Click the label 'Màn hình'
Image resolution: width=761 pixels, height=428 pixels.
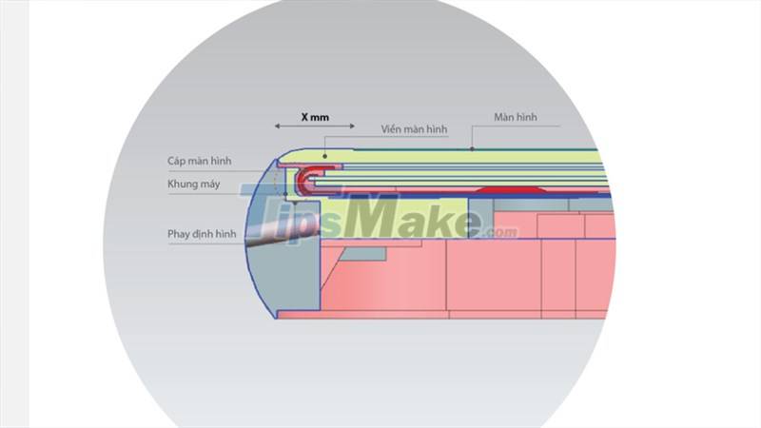pos(516,117)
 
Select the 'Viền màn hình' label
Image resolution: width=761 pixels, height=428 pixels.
pos(414,128)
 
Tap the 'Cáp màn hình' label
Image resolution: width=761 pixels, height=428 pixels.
pos(198,161)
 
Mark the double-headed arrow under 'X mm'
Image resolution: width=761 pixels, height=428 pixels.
pos(315,127)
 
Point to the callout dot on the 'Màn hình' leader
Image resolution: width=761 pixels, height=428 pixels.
pos(472,149)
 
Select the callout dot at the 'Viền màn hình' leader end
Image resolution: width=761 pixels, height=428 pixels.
pos(326,154)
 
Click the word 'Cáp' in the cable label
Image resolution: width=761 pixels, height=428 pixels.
pos(178,161)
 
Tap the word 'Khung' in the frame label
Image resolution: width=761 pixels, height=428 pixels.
pos(184,184)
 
